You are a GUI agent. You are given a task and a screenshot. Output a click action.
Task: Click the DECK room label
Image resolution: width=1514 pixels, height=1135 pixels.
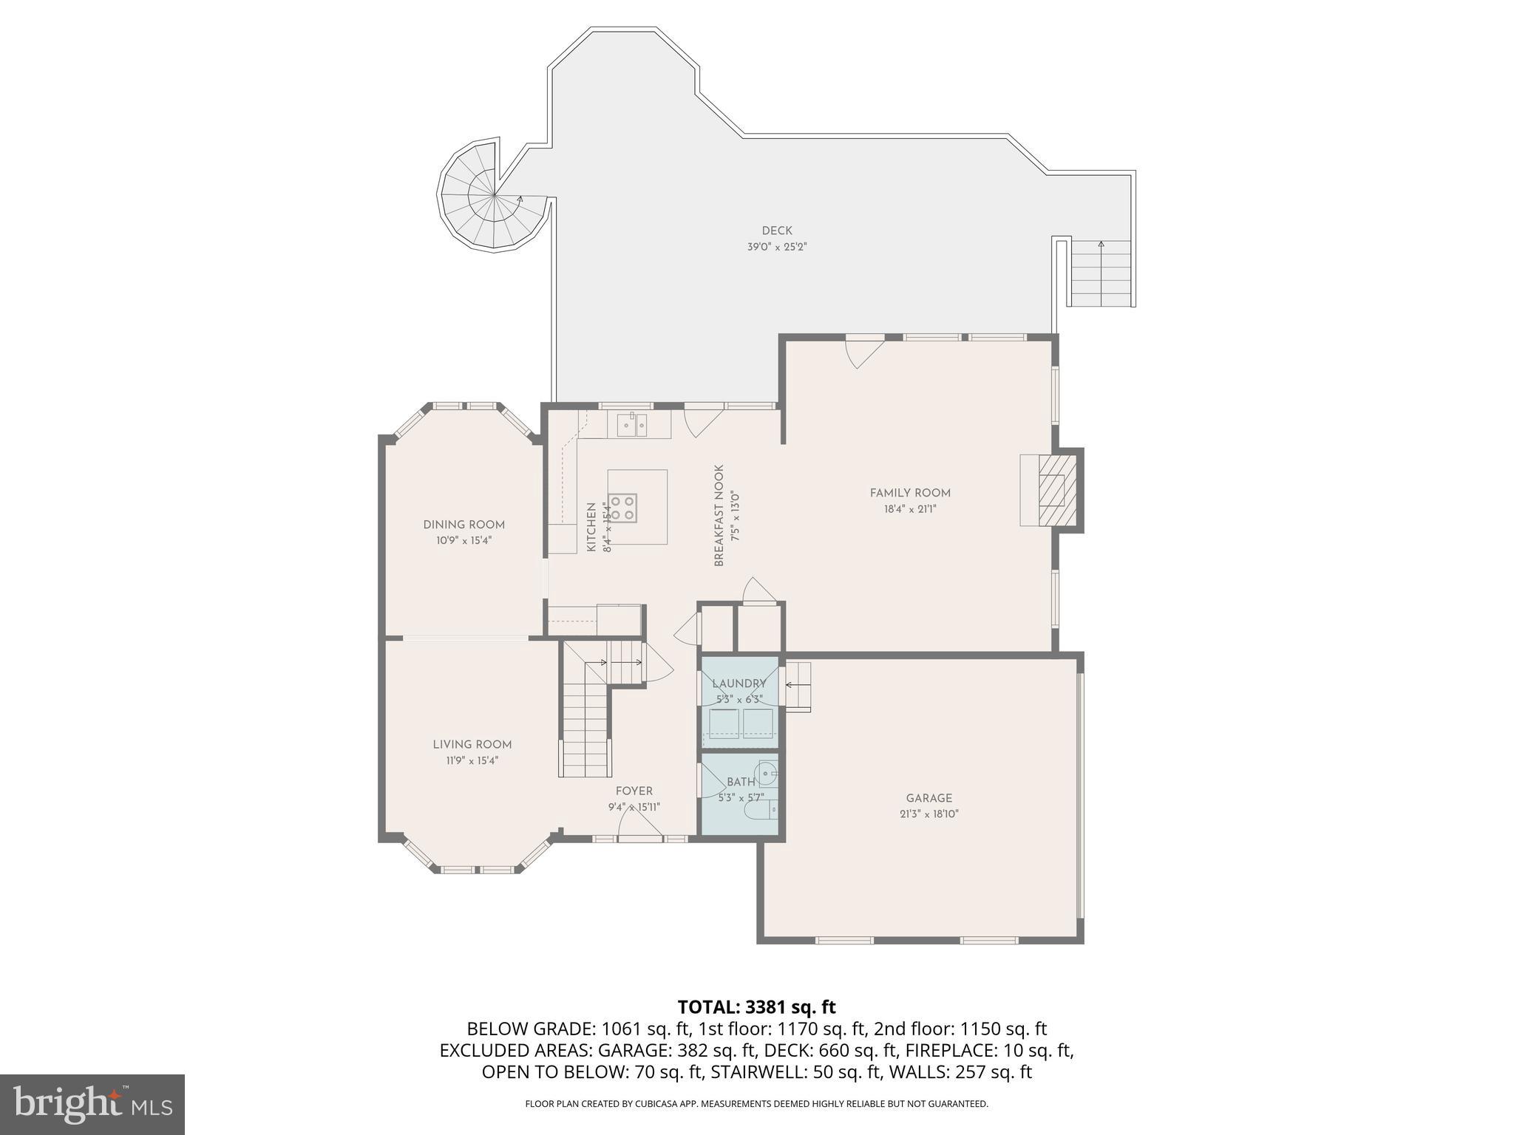tap(776, 231)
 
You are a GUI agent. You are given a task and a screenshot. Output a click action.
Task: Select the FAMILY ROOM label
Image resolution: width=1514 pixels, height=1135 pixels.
tap(909, 493)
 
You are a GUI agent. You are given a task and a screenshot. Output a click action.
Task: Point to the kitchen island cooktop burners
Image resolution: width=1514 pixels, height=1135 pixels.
tap(622, 507)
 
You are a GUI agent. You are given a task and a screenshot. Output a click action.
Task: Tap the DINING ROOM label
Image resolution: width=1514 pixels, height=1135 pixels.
tap(464, 525)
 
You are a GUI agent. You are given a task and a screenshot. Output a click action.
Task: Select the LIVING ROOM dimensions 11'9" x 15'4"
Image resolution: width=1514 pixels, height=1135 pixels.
tap(472, 760)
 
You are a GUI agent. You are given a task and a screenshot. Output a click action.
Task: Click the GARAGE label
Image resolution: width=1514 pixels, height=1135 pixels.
tap(929, 798)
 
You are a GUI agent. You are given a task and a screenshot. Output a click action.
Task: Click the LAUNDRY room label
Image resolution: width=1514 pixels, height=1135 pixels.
tap(739, 684)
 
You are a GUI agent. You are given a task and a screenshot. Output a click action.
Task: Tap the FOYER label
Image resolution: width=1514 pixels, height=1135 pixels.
tap(634, 791)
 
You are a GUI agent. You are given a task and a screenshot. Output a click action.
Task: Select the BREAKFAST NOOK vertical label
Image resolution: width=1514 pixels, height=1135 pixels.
tap(719, 516)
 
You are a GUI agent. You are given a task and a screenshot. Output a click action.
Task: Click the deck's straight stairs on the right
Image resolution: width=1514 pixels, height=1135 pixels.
tap(1101, 274)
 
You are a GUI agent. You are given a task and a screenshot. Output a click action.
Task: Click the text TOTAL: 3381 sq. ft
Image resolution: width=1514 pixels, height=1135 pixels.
tap(756, 1007)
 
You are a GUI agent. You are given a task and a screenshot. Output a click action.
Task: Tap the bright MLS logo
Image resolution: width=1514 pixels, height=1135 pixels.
tap(92, 1105)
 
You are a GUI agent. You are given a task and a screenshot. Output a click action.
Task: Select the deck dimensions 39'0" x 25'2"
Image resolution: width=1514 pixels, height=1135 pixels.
tap(776, 248)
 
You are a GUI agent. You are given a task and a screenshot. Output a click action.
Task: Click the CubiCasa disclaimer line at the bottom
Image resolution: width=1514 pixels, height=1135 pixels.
tap(756, 1104)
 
